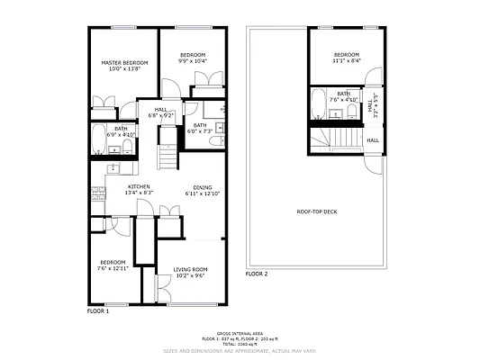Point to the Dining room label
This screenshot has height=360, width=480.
click(203, 187)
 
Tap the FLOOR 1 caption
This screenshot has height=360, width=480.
click(97, 310)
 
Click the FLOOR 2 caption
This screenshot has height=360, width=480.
click(258, 273)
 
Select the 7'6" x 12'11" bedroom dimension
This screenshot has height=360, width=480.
click(113, 268)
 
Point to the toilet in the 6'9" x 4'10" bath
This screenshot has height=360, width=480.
click(128, 147)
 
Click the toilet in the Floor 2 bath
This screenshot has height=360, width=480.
click(350, 112)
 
